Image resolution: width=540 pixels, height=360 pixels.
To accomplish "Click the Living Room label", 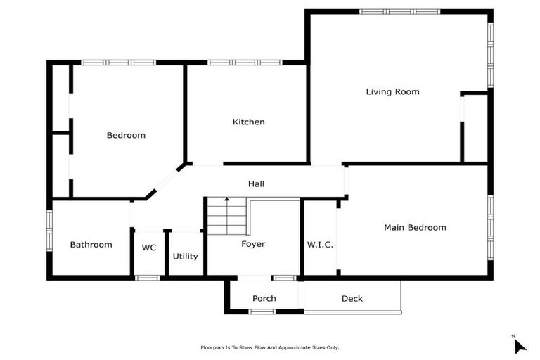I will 392,91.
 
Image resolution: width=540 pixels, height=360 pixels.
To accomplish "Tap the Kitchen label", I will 249,122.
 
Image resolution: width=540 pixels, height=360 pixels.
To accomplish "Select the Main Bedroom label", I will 415,227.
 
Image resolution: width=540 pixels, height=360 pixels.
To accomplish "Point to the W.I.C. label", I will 320,245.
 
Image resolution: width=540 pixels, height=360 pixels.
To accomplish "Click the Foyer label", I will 252,244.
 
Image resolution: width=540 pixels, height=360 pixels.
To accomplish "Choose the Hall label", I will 256,184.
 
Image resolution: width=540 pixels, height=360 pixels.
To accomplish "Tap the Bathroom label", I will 91,245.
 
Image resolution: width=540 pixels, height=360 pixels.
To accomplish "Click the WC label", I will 149,247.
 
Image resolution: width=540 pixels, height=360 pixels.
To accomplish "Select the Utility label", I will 186,256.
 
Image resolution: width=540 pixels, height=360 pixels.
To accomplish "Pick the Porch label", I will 264,298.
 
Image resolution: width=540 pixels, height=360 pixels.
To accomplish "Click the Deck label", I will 352,298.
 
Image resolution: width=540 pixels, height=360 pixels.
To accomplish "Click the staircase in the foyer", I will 226,217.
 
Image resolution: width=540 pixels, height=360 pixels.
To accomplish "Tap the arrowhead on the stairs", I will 226,200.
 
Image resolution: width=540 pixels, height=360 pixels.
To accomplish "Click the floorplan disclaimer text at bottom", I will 269,347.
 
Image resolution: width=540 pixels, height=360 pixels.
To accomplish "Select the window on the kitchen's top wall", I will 245,63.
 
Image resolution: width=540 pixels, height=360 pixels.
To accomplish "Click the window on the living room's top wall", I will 399,11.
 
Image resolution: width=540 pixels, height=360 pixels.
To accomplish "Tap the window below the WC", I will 148,278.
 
